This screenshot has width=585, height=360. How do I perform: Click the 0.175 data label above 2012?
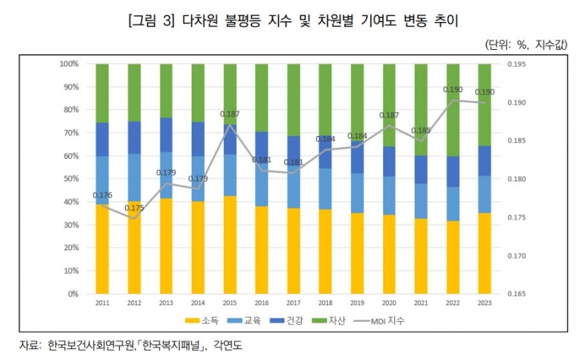[134, 209]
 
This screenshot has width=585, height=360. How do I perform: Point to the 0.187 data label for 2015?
[230, 114]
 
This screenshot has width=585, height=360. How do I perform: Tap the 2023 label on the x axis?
[485, 302]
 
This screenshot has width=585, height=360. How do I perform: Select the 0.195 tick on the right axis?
[515, 64]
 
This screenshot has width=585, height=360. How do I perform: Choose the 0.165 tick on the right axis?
[515, 294]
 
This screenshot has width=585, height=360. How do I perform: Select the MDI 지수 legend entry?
[387, 320]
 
